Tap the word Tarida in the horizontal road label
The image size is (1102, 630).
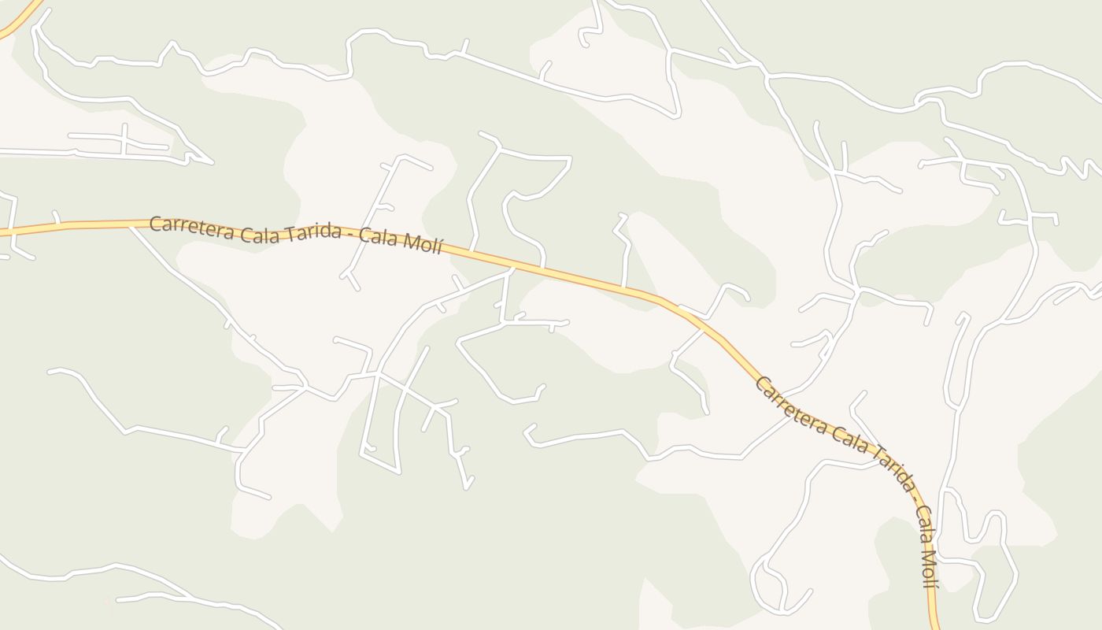click(x=312, y=233)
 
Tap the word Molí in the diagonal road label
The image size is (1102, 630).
click(x=929, y=566)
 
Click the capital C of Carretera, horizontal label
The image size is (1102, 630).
click(x=155, y=224)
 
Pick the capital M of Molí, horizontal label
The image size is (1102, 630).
click(x=411, y=240)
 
